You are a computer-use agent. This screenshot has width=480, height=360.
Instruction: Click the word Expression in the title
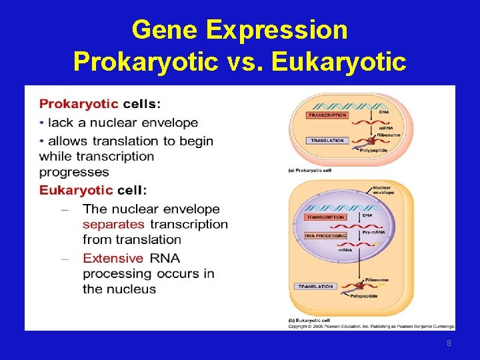pos(277,30)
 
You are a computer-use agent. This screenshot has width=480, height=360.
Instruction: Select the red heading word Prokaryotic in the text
pos(79,104)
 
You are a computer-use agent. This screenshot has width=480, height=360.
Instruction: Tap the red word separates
pos(113,225)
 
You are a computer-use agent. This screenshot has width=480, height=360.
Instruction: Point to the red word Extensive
pos(113,258)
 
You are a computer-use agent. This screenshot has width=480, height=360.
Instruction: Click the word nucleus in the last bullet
pos(129,289)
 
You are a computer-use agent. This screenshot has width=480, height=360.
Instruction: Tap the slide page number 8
pos(449,343)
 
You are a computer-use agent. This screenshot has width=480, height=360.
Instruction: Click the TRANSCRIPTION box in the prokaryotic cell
pos(327,115)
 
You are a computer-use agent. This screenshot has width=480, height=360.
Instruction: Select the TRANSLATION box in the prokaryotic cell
pos(327,141)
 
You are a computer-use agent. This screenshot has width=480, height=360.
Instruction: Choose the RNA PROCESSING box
pos(326,235)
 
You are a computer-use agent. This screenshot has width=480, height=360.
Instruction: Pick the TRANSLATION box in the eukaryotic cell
pos(315,287)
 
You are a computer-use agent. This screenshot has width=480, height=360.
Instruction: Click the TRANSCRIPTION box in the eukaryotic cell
pos(326,217)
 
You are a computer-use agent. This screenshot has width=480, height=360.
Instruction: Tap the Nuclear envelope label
pos(383,190)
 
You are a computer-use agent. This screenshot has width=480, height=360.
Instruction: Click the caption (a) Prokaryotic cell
pos(309,171)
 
